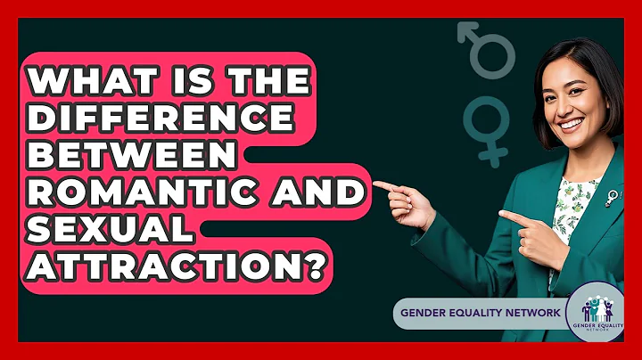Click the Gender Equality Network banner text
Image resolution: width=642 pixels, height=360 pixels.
tap(481, 312)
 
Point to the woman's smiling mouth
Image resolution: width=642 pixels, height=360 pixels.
tap(567, 122)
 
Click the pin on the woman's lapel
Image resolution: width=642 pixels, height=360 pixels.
tap(613, 195)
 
